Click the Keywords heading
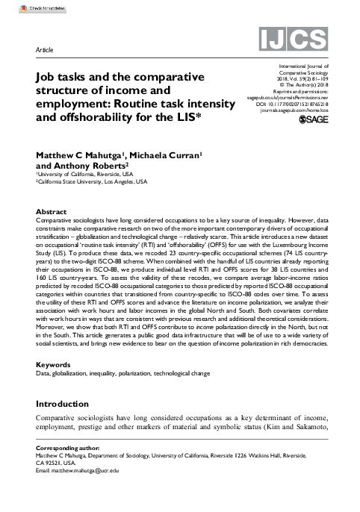[x=54, y=365]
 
